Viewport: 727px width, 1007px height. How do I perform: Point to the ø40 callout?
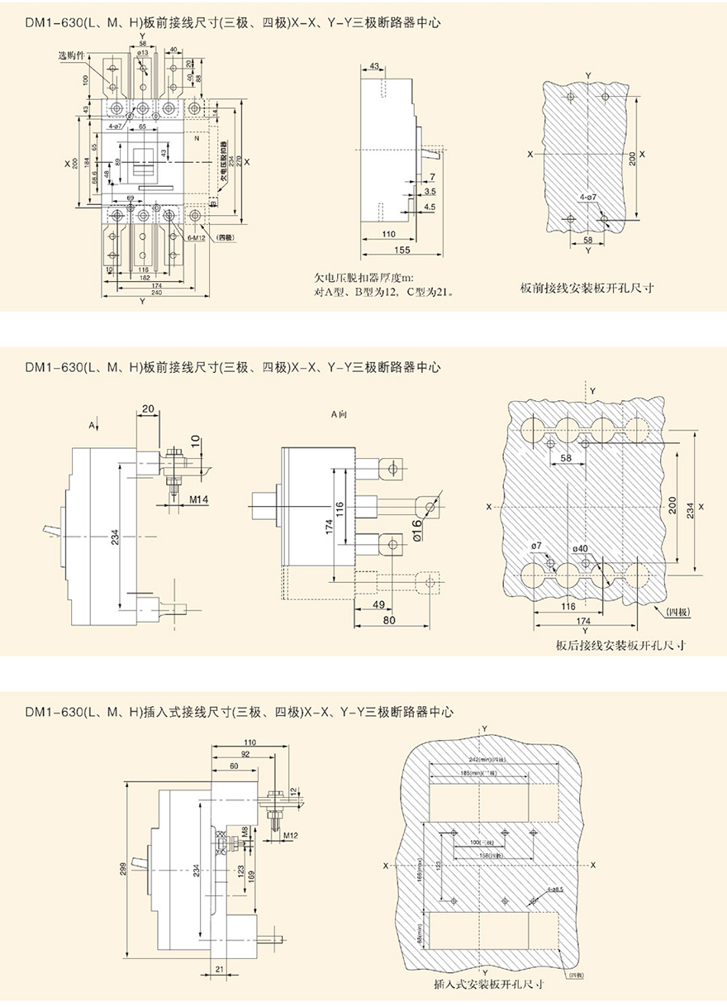580,548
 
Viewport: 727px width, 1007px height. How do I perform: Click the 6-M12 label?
197,236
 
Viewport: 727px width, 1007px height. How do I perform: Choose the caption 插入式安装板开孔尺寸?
488,985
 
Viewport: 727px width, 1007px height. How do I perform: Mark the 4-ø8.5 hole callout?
555,889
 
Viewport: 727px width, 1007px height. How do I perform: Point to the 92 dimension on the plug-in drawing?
245,754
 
